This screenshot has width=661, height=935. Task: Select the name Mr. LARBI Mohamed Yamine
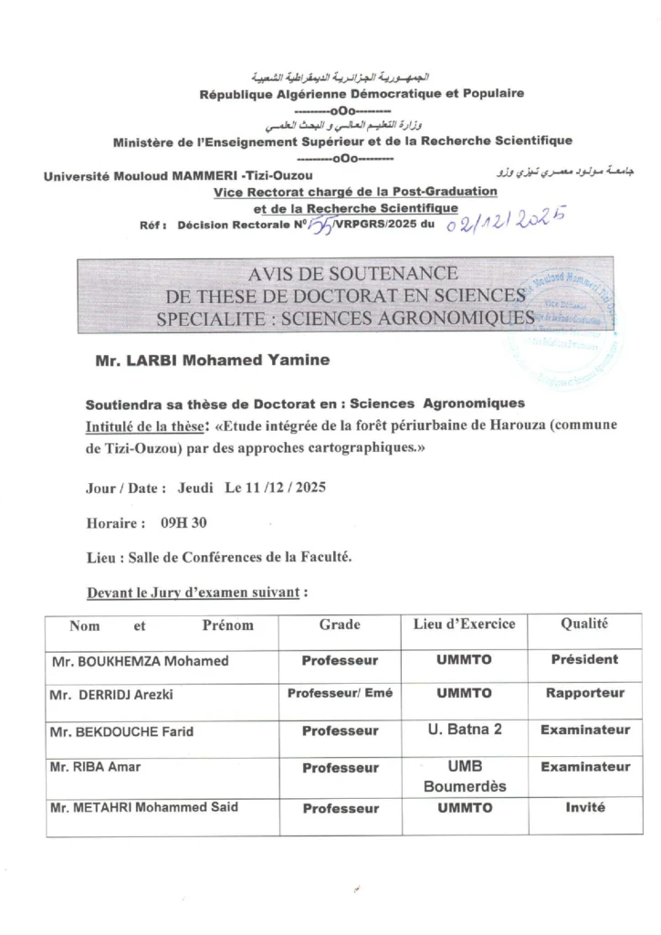[x=212, y=361]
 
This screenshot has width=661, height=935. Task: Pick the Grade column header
[x=340, y=625]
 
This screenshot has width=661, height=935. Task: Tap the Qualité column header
[x=584, y=625]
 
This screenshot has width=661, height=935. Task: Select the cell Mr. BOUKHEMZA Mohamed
[x=140, y=661]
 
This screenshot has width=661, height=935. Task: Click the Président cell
[x=584, y=659]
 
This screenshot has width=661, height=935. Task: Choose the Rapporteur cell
[x=584, y=693]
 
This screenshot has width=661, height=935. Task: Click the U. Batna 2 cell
[x=464, y=730]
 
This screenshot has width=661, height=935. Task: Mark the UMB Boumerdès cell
[x=464, y=776]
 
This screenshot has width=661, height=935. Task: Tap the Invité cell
[x=584, y=807]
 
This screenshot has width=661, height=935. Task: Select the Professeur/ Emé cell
[x=340, y=693]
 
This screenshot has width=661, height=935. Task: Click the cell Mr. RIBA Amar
[x=96, y=767]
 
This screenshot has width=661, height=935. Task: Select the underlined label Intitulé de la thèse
[x=145, y=425]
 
